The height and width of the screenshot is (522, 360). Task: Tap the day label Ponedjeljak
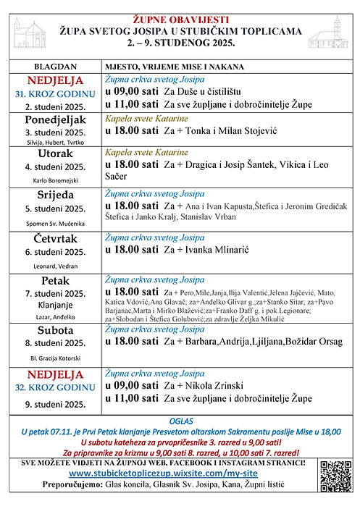55,119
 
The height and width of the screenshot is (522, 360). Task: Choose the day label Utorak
55,154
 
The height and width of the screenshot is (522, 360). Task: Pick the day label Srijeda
55,195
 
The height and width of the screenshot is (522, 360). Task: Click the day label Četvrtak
55,239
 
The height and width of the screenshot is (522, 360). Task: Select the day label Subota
55,329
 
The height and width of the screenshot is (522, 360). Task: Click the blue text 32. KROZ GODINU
55,387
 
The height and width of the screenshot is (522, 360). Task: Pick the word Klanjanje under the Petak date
55,306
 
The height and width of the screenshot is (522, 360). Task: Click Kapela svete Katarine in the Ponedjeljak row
146,117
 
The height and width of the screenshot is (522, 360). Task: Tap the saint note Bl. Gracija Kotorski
55,358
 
